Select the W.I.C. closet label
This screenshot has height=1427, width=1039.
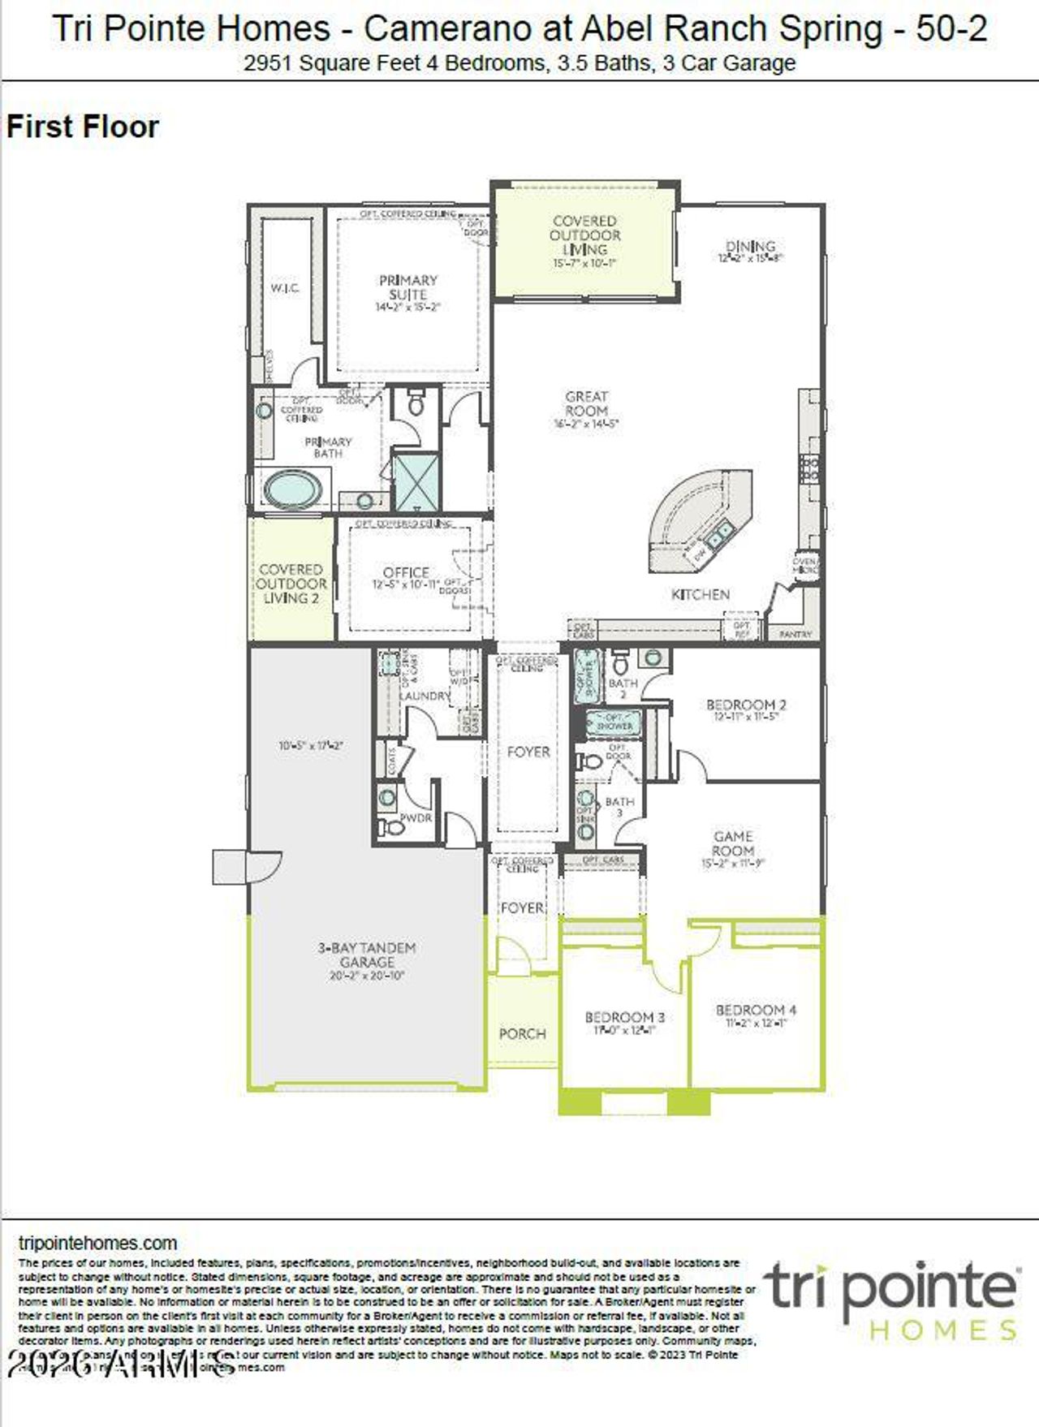coord(285,288)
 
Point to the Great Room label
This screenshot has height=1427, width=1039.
coord(586,404)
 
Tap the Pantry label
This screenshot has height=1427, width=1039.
coord(795,634)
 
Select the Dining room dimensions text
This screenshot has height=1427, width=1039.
coord(750,258)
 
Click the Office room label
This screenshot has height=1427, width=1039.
coord(406,572)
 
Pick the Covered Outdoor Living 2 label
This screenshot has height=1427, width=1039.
coord(291,584)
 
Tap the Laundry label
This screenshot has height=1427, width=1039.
coord(425,696)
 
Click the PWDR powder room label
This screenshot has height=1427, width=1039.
coord(416,817)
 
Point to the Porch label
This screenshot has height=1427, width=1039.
coord(522,1033)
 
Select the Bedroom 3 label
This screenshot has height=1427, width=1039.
coord(624,1017)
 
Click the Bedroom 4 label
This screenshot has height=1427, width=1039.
coord(756,1010)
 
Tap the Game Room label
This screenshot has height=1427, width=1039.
coord(733,843)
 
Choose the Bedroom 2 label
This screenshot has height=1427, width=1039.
coord(746,705)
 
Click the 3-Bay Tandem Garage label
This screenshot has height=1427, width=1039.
coord(367,955)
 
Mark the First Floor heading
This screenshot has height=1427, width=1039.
coord(82,127)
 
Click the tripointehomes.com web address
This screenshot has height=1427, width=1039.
coord(97,1243)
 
